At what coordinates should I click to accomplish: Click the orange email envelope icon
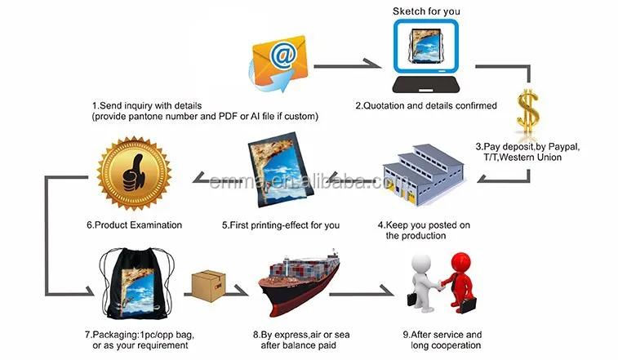coord(279,62)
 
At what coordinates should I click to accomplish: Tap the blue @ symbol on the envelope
coord(283,56)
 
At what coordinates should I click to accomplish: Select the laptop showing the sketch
coord(426,56)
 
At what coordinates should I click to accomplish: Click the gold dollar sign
coord(528,113)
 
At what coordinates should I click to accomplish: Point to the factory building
coord(423,175)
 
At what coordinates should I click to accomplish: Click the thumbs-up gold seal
coord(135,173)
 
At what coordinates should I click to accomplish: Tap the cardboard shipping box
coord(208,286)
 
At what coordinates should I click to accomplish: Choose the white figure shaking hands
coord(423,282)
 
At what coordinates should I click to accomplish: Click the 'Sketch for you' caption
coord(426,11)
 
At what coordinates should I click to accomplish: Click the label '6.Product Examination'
coord(135,225)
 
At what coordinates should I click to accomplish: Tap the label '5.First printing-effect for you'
coord(281,225)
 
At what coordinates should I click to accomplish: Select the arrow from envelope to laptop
coord(347,65)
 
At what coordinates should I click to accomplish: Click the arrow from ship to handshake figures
coord(361,293)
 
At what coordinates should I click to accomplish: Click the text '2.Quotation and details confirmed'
coord(426,105)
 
